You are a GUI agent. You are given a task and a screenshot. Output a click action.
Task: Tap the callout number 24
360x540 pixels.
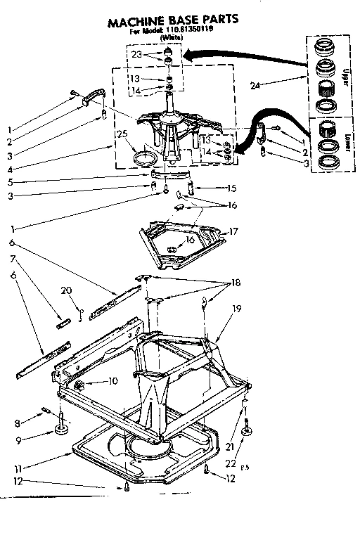pos(255,86)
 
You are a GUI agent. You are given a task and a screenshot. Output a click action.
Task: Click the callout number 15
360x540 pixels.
pos(231,188)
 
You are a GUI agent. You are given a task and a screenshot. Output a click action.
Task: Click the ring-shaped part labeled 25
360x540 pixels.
pos(144,156)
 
